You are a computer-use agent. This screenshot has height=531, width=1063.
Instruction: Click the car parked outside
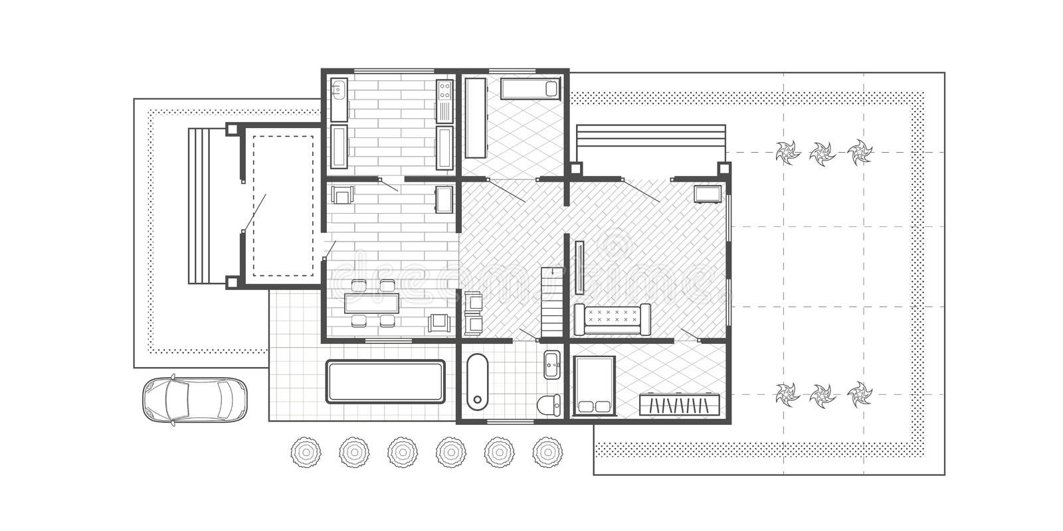point(194,400)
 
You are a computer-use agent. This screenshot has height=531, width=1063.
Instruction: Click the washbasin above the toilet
point(552,364)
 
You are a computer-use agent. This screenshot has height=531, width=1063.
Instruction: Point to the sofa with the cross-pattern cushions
point(611,319)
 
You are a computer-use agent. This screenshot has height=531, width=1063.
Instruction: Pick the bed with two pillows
point(595,386)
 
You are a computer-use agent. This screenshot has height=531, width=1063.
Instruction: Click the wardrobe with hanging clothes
point(680,404)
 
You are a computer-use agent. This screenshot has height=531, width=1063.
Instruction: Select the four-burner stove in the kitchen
point(444,90)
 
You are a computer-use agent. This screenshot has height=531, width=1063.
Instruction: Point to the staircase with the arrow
point(551,302)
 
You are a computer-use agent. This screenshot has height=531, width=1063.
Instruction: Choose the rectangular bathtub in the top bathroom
point(530,88)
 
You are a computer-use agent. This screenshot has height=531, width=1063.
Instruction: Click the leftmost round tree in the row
point(306,453)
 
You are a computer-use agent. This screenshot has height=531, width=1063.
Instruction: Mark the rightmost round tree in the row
point(547,453)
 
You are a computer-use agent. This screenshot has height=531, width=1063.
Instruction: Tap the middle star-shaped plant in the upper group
point(822,153)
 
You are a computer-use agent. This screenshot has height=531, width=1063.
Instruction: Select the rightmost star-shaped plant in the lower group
point(860,394)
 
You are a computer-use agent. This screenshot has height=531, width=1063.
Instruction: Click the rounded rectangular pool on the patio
point(385,381)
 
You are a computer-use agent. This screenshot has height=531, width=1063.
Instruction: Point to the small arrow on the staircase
point(552,271)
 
